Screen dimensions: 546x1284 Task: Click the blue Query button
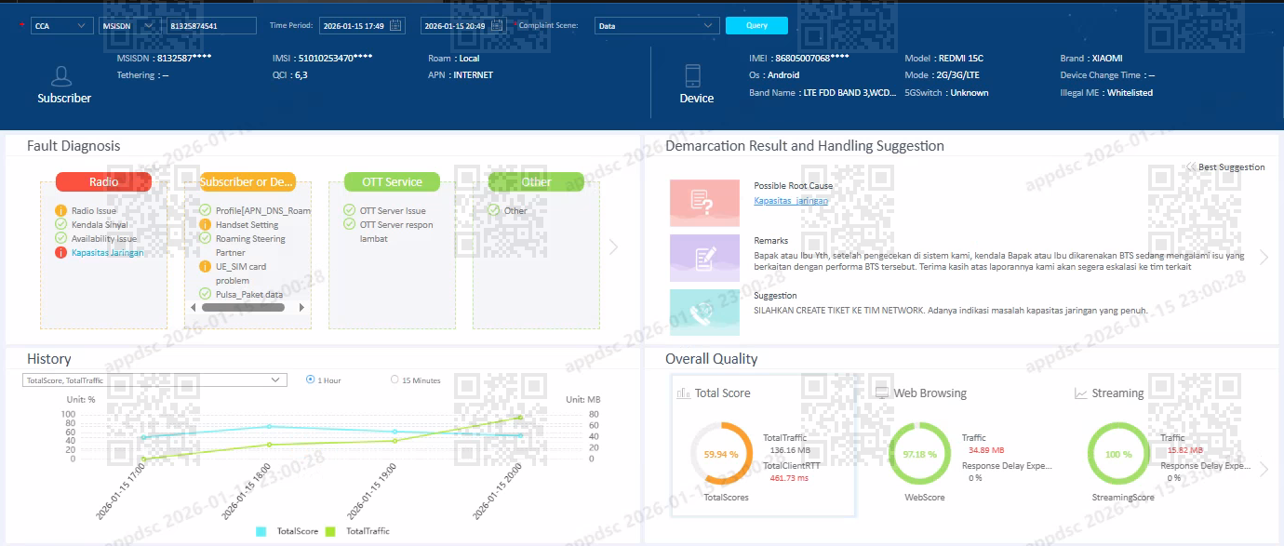pos(756,26)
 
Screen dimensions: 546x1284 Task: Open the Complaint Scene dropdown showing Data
pos(657,26)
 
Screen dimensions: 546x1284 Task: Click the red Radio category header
pos(103,182)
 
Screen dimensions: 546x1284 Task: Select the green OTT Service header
pos(391,182)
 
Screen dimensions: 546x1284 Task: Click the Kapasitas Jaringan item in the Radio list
pos(107,253)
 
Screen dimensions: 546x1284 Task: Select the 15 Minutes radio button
pos(395,380)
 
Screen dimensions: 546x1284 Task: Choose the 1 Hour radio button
pos(311,380)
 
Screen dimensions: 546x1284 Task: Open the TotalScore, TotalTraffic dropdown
pos(154,380)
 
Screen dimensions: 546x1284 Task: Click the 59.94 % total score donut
pos(721,455)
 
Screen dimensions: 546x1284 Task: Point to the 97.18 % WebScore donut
pos(919,455)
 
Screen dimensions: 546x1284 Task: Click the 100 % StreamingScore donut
pos(1118,455)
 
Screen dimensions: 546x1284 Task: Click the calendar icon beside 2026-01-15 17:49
pos(396,26)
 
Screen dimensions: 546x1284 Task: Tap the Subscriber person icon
pos(63,76)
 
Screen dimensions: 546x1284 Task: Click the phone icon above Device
pos(692,75)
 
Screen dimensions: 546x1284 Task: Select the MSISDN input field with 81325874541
pos(211,26)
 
